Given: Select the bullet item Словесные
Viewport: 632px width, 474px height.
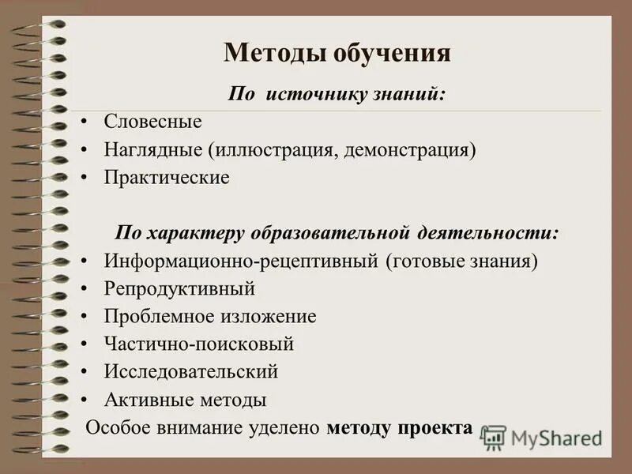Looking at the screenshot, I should (x=152, y=122).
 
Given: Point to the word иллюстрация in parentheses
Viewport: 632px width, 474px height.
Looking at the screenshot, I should (x=273, y=149).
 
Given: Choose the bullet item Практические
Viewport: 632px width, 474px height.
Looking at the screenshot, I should (x=167, y=178).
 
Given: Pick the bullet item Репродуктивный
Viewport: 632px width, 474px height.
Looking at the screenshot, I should (x=179, y=288).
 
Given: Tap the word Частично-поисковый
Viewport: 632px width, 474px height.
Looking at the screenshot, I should (x=198, y=344).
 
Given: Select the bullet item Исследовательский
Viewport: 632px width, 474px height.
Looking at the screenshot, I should (x=190, y=371).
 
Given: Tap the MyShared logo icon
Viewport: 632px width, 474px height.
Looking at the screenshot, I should (x=493, y=437).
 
